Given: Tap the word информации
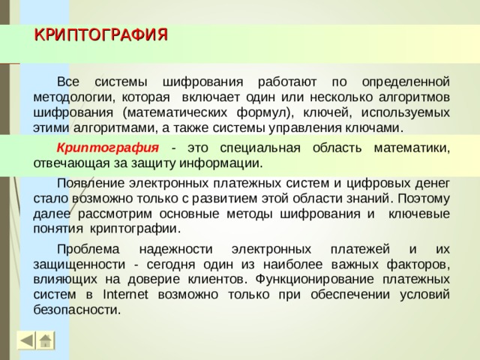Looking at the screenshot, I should pos(223,162).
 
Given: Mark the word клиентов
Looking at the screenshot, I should pos(220,279).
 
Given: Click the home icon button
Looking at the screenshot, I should pos(46,340).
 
